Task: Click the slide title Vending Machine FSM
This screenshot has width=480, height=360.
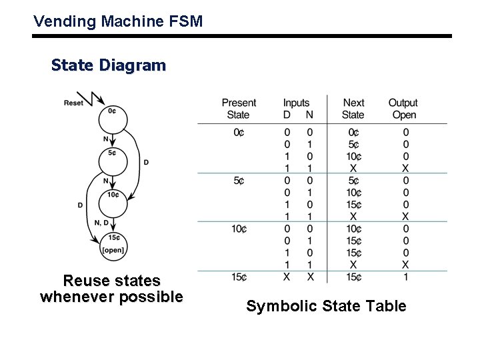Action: [x=118, y=21]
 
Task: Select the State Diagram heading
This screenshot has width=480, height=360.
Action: [x=108, y=65]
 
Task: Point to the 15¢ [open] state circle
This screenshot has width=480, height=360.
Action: [x=113, y=243]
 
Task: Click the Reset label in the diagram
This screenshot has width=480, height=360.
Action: [x=73, y=103]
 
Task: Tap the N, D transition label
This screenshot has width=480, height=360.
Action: [x=102, y=223]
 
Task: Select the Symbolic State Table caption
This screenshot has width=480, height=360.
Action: [x=326, y=306]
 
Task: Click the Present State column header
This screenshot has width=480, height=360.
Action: [x=239, y=109]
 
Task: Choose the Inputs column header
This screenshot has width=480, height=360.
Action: [x=297, y=103]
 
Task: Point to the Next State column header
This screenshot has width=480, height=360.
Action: [x=353, y=109]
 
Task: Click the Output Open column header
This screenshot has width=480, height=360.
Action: [x=403, y=109]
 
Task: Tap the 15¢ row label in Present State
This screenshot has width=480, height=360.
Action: [x=239, y=277]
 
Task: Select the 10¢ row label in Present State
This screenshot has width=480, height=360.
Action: [x=239, y=229]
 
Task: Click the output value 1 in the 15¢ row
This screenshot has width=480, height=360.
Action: [x=405, y=277]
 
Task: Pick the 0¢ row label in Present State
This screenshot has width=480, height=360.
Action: [x=239, y=133]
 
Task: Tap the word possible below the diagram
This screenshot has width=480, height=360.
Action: [x=151, y=297]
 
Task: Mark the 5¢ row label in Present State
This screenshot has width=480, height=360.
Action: [x=239, y=181]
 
